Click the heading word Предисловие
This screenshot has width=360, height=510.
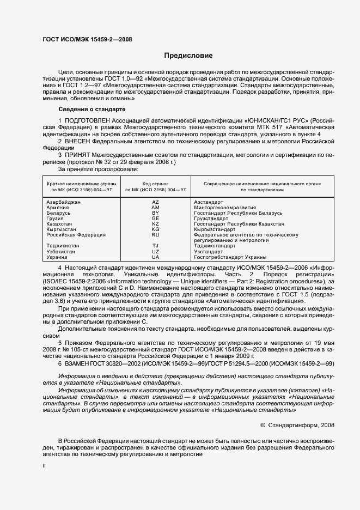coord(188,56)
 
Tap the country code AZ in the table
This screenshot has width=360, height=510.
coord(155,202)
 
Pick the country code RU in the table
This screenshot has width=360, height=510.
coord(155,235)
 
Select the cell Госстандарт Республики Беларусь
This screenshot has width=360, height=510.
coord(231,213)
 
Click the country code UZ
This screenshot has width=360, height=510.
coord(155,251)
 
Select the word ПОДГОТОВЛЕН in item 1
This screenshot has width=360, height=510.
coord(86,119)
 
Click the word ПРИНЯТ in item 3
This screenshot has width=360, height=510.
coord(78,155)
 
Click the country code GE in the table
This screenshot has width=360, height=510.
coord(155,218)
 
